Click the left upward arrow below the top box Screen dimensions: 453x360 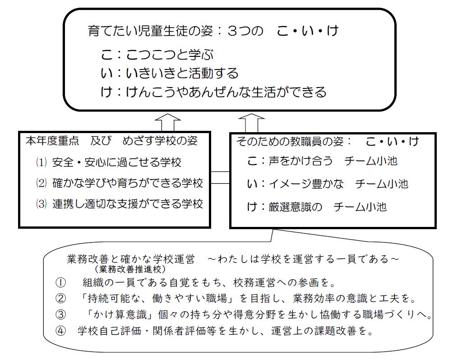167,123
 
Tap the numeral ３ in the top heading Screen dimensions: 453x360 233,31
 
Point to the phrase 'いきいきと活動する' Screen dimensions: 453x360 182,73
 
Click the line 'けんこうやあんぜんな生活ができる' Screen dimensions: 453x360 226,92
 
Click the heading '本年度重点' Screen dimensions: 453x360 52,141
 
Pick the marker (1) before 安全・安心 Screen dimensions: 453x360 41,162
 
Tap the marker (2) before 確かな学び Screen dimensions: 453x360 41,183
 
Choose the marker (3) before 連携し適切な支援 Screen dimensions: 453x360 41,204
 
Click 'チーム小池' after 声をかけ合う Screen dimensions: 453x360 371,161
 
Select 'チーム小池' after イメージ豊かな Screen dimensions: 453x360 382,184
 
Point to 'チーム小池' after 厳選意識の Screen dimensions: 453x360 360,207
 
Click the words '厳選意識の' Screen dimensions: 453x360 295,207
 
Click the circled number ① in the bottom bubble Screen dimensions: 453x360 60,282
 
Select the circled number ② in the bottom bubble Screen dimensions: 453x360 60,298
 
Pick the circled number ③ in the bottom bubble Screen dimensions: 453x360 60,314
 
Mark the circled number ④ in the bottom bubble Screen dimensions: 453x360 60,331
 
